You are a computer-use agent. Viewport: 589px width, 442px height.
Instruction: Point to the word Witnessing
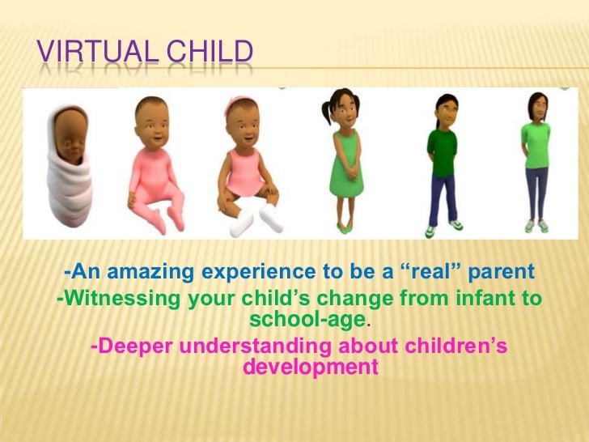click(x=121, y=299)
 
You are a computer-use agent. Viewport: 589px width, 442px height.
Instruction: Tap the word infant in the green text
click(x=480, y=299)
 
